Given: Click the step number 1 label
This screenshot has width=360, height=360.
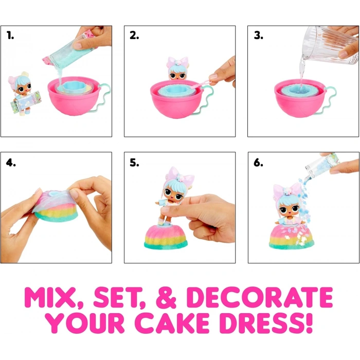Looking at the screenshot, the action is click(x=11, y=35).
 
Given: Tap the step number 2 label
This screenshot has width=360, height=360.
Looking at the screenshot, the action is click(x=134, y=35).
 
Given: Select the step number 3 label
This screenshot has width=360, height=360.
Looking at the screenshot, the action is click(x=259, y=35).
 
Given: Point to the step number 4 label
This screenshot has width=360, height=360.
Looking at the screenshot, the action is click(x=11, y=163).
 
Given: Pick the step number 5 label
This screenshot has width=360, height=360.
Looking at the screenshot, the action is click(x=134, y=163).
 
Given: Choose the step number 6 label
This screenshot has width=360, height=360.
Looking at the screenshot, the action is click(x=258, y=163).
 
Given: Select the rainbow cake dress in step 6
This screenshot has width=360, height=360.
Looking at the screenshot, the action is click(x=292, y=236).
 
